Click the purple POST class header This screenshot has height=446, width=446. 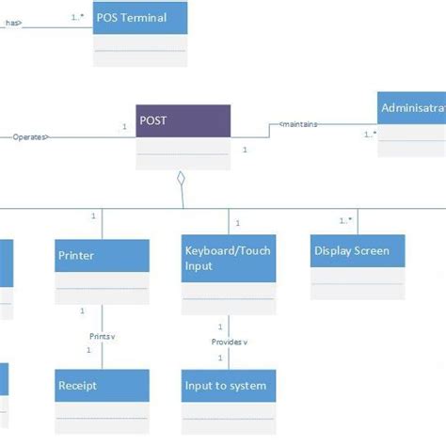pos(183,121)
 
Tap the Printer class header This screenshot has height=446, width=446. pos(102,256)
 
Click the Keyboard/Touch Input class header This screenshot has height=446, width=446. pos(229,259)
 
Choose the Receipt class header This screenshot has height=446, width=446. pos(102,385)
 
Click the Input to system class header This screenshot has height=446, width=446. pos(229,385)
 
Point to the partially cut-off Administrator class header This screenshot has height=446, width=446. pos(412,108)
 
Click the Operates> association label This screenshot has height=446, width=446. pos(31,137)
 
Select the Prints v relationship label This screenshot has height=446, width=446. pos(103,336)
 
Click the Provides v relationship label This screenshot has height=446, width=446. pos(229,342)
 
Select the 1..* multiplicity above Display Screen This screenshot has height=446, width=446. pos(346,220)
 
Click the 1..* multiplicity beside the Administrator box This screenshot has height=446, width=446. pos(370,134)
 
